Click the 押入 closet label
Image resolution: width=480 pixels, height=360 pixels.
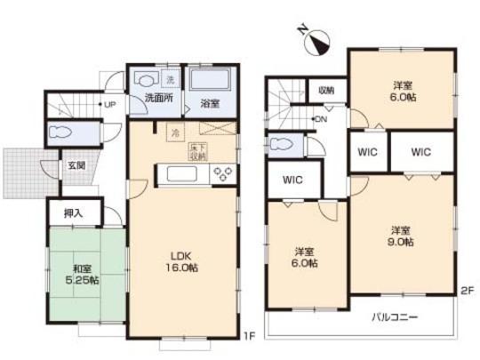76,214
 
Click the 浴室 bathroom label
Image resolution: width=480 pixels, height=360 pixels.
211,102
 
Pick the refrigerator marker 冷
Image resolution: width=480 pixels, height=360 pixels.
174,132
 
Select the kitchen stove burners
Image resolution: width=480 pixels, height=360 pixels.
221,172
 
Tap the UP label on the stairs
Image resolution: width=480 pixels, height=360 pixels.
110,104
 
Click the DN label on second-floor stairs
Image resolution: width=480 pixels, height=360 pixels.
321,119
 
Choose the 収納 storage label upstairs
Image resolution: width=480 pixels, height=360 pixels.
325,89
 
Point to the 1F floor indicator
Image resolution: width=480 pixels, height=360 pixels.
251,336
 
